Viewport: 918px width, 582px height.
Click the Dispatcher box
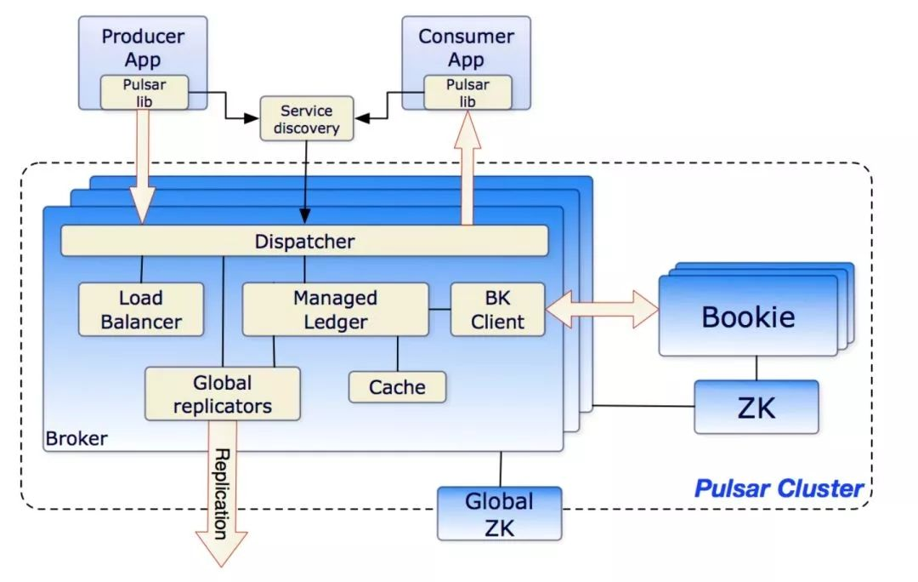coord(304,241)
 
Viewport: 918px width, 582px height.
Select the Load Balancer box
coord(141,310)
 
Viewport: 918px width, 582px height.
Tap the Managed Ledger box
coord(335,310)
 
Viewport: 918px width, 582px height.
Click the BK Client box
coord(497,310)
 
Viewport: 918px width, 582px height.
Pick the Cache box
coord(397,387)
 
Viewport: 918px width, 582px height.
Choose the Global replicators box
coord(223,394)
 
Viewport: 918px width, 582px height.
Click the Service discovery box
coord(305,120)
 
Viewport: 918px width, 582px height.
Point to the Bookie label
coord(748,317)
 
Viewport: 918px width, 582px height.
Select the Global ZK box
coord(499,513)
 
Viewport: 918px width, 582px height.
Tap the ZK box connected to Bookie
coord(756,408)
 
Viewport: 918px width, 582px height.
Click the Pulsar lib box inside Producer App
coord(144,92)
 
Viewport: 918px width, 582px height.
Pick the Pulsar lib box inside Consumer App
coord(467,92)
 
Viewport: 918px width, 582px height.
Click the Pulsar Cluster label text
coord(779,488)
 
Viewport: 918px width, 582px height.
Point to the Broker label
coord(76,439)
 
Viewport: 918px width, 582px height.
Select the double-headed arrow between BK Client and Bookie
coord(602,308)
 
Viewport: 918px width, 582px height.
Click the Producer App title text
coord(144,48)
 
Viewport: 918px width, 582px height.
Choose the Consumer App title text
coord(466,48)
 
